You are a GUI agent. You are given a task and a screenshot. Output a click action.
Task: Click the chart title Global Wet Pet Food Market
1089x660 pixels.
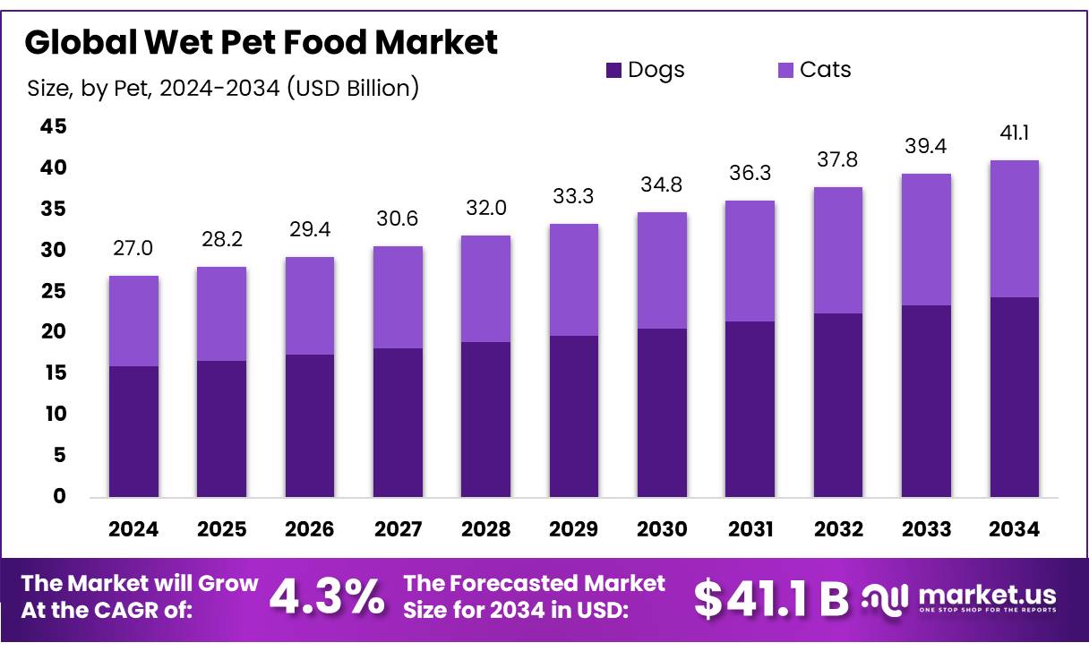pos(261,42)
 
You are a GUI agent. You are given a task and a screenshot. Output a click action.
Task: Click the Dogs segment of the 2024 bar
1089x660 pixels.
pos(133,432)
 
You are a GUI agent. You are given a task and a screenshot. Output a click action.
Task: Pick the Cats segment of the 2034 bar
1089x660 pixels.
pos(1014,228)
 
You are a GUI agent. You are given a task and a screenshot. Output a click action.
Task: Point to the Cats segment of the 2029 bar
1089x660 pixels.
pos(573,279)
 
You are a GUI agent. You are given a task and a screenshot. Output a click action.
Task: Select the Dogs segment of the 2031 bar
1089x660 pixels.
pos(750,409)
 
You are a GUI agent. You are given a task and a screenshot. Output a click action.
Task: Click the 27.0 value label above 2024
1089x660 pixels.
pos(133,248)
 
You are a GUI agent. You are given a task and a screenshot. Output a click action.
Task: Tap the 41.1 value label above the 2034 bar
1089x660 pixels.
pos(1014,133)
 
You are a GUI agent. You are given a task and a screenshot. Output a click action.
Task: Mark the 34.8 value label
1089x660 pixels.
pos(662,185)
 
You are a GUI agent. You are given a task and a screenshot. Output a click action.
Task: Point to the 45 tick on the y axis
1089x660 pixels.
pos(53,127)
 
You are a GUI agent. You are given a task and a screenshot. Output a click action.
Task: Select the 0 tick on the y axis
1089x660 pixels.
pos(59,496)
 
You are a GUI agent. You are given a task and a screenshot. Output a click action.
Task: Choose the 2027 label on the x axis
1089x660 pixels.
pos(398,529)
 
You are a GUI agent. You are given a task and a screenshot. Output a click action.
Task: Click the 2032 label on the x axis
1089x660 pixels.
pos(838,529)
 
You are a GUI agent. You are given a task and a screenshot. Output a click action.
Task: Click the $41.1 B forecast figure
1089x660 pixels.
pos(771,599)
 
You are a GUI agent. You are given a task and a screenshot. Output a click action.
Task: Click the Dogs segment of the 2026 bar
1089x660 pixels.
pos(310,425)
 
